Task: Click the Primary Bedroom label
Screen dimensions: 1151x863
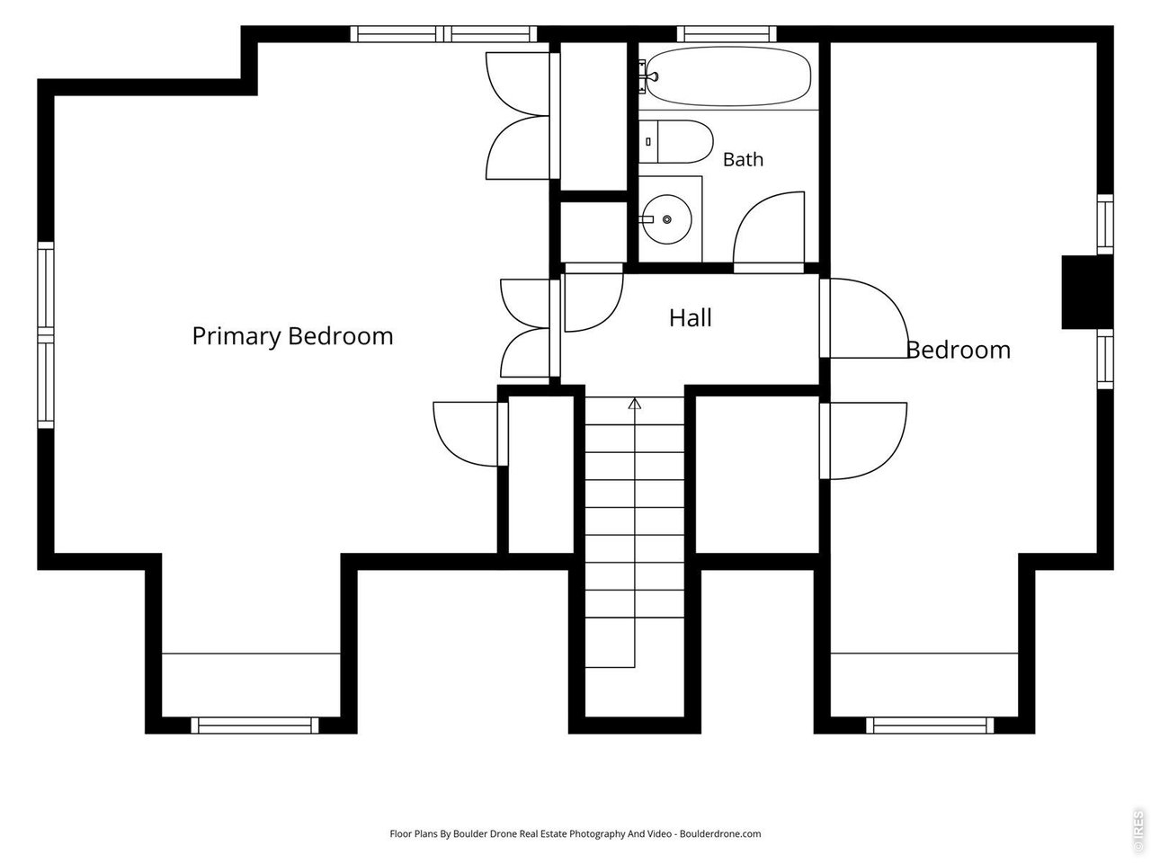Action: click(x=292, y=336)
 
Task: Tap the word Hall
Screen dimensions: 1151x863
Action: click(x=690, y=318)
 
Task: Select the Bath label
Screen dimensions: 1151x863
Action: click(x=743, y=159)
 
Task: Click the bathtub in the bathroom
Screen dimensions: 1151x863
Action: click(x=727, y=76)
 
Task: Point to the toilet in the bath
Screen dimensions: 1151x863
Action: click(x=676, y=141)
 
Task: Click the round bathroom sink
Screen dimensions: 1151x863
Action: click(x=667, y=219)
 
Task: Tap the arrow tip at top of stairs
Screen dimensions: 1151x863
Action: click(x=635, y=399)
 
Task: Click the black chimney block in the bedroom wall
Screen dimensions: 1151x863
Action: click(x=1087, y=292)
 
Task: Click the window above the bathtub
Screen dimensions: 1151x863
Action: click(x=727, y=34)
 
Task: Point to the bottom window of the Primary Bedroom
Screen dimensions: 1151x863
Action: click(x=254, y=725)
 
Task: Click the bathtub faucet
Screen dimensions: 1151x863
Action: click(x=648, y=76)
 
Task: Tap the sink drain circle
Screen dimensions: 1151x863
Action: click(x=667, y=219)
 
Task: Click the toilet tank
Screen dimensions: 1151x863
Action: click(x=648, y=141)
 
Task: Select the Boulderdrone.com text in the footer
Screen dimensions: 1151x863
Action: click(x=720, y=833)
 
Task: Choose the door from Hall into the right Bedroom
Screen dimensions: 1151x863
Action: click(x=864, y=318)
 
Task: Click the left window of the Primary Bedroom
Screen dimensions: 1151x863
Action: click(x=46, y=335)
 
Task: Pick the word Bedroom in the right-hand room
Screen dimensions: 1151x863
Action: click(x=959, y=350)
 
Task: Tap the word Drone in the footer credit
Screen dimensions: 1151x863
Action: click(x=504, y=833)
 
